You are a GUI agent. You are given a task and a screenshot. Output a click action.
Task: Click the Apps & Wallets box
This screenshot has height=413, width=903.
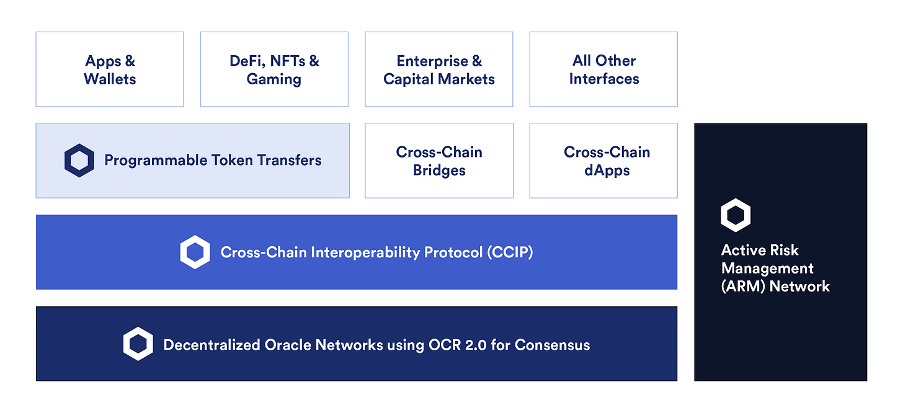pos(110,69)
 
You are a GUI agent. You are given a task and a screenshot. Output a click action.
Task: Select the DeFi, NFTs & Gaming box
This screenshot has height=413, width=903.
pos(274,69)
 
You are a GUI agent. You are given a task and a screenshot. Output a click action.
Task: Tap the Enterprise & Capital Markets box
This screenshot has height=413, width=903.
pos(438,69)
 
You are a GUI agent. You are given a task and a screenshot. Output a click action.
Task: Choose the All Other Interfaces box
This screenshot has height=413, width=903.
pos(603,69)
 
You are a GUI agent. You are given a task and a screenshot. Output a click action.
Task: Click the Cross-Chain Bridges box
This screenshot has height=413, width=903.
pos(438,161)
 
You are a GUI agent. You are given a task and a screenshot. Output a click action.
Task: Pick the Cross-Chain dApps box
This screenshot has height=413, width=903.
pos(607,161)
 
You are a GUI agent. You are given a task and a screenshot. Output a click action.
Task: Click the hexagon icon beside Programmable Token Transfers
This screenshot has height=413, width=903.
pos(79,161)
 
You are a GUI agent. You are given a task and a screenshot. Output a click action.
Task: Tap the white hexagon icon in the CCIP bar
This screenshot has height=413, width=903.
pos(195,252)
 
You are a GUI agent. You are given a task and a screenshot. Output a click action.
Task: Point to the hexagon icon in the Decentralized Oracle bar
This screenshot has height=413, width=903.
pos(138,344)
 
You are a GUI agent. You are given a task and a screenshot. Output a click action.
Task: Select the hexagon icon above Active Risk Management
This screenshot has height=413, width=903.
pos(736,215)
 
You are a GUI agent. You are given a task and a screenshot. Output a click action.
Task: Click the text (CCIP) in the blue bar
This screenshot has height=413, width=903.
pos(510,252)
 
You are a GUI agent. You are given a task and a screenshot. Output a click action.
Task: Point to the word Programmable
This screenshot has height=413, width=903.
pos(145,161)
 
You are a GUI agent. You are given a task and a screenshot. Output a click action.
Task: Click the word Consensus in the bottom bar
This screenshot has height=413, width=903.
pos(552,344)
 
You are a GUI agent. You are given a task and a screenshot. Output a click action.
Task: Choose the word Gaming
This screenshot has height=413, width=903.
pos(274,79)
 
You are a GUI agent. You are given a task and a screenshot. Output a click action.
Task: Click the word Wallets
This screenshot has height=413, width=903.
pos(110,79)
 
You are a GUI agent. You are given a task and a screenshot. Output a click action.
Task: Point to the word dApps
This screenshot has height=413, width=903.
pos(607,171)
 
